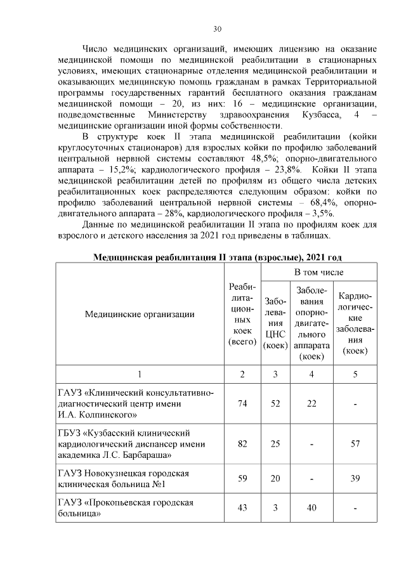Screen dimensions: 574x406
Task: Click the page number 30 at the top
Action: point(217,29)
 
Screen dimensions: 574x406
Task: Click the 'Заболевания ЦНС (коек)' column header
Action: point(275,323)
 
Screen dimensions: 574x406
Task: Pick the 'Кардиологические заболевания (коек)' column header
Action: point(355,323)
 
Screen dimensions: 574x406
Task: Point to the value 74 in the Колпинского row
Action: point(242,404)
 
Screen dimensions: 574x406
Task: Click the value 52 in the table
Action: point(275,404)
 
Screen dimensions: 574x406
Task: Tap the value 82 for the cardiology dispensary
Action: point(242,443)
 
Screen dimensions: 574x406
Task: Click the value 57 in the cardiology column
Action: point(355,443)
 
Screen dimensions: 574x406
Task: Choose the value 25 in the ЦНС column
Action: point(275,443)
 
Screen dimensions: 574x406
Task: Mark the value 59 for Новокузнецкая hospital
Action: point(242,479)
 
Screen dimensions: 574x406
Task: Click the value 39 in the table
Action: point(355,479)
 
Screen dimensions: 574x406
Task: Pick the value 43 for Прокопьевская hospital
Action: point(242,508)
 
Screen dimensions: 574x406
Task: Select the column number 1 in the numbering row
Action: point(140,374)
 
